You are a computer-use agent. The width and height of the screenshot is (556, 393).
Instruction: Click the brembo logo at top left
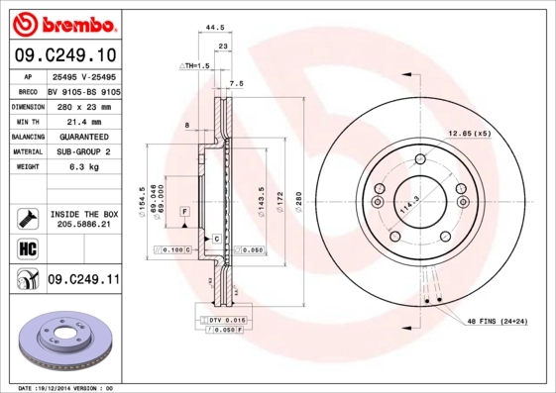coord(60,22)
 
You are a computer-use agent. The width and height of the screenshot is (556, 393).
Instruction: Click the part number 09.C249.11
coord(82,280)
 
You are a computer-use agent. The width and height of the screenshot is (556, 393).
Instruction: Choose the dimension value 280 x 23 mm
coord(82,105)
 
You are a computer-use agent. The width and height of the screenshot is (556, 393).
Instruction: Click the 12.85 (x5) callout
coord(469,132)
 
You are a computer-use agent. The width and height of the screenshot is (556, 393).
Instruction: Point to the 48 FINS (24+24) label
coord(498,322)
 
